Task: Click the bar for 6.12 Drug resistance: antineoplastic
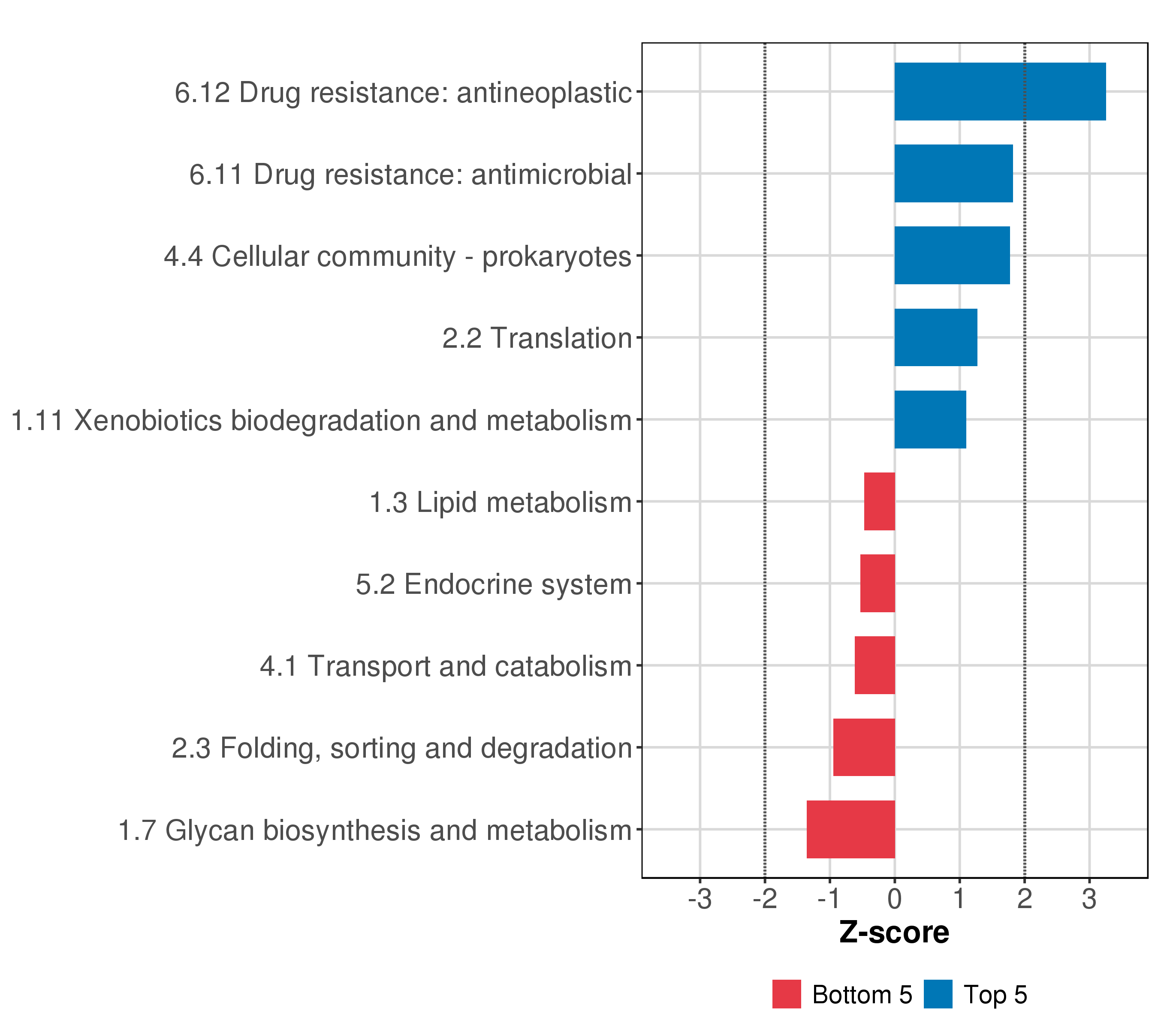click(1000, 92)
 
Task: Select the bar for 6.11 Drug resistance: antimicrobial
click(953, 173)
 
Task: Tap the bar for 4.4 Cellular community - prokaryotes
click(952, 256)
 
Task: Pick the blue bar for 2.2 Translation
click(935, 337)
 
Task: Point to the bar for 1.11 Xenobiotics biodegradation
click(930, 420)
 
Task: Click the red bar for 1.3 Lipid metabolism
click(879, 501)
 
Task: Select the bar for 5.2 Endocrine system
click(878, 583)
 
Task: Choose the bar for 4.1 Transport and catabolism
click(875, 665)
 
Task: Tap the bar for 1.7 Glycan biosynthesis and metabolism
click(851, 829)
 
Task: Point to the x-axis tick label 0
click(895, 900)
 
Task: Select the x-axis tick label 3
click(1089, 900)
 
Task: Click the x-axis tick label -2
click(764, 900)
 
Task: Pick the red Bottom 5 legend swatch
click(786, 994)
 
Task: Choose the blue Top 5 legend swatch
click(938, 994)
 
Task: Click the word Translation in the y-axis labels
click(561, 339)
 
